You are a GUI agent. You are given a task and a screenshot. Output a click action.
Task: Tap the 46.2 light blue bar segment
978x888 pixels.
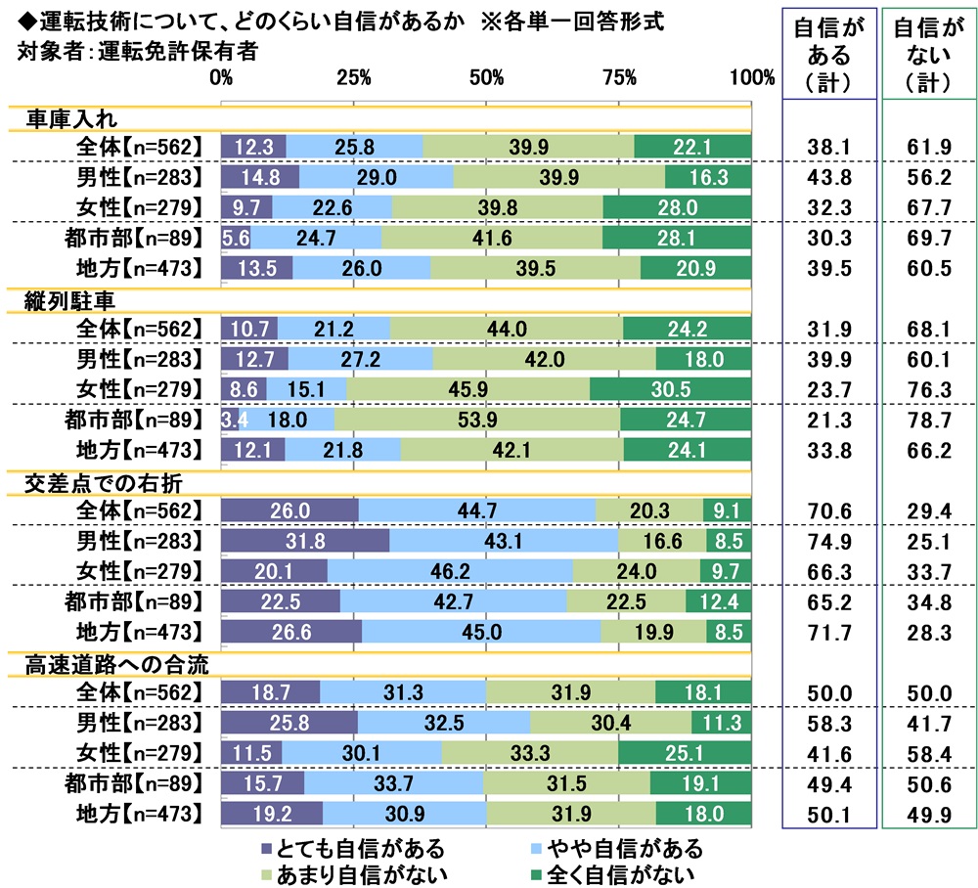[x=450, y=568]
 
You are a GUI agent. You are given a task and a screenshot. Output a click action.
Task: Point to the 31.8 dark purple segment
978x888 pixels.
[x=305, y=541]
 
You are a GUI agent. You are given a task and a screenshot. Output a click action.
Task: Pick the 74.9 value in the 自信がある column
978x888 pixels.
[x=822, y=541]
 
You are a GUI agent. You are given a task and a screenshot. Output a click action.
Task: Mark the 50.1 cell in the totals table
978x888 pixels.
[x=822, y=816]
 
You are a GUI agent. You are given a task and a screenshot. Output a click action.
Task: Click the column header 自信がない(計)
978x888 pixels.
[x=924, y=56]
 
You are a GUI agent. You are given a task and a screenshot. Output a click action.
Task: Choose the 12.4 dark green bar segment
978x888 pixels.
[x=719, y=601]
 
